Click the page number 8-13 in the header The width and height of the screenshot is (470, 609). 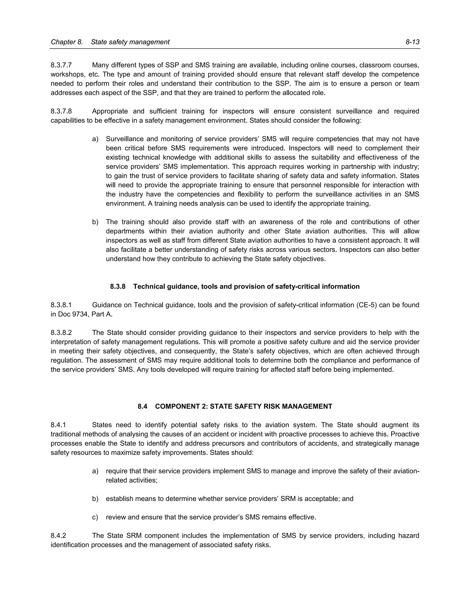[x=412, y=42]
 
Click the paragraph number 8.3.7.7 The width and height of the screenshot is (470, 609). [x=61, y=65]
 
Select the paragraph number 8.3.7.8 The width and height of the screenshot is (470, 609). [x=61, y=111]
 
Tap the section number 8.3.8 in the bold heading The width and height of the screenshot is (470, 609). [x=118, y=286]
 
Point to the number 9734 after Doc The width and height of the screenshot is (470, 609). [x=80, y=314]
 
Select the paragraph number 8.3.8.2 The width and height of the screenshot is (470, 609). [x=61, y=333]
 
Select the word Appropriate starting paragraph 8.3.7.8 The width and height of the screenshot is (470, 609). [x=110, y=111]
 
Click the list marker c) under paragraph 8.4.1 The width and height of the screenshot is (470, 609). [x=95, y=517]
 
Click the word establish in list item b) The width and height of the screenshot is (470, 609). [x=119, y=499]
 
